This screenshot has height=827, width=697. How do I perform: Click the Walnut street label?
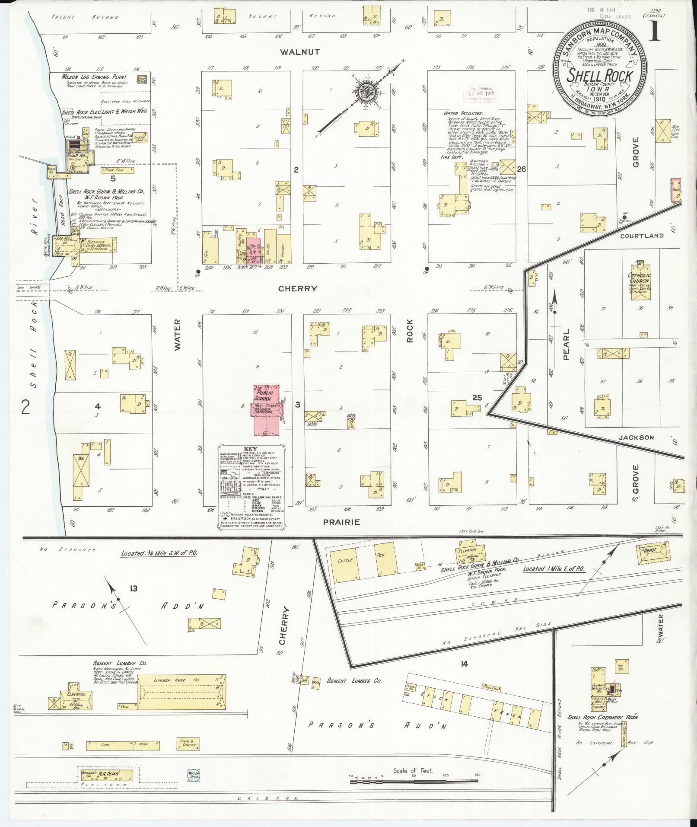(x=299, y=52)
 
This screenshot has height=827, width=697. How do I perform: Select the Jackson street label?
(x=636, y=437)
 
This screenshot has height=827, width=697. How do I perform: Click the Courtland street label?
(x=642, y=236)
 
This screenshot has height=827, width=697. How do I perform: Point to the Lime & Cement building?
(x=188, y=743)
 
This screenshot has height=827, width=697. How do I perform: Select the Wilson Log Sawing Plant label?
(x=94, y=77)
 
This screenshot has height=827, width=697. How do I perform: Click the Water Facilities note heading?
(x=462, y=113)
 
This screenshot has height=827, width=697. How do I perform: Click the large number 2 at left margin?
(x=25, y=407)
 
